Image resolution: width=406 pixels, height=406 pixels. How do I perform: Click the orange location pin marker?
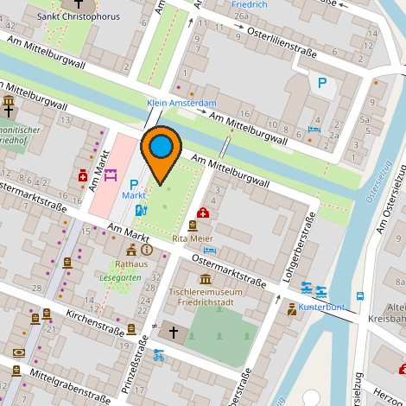[x=162, y=151]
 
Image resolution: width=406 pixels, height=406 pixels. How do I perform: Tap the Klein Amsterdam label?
[x=181, y=103]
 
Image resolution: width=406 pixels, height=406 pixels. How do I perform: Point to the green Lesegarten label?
[x=120, y=278]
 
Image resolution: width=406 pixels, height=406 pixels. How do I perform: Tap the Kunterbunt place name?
[x=323, y=307]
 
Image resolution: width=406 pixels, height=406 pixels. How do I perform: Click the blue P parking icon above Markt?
[x=134, y=183]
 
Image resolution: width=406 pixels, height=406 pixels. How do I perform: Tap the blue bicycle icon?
[x=158, y=354]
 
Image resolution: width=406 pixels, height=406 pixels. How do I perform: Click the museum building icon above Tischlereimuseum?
[x=205, y=279]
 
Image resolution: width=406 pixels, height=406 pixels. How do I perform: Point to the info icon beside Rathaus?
[x=146, y=250]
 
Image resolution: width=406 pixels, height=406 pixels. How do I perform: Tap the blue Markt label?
[x=132, y=196]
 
